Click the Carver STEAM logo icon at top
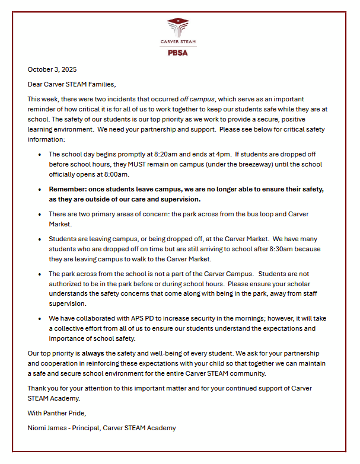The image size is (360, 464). (x=178, y=26)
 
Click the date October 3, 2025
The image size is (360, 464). (x=52, y=69)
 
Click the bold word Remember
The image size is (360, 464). (x=68, y=189)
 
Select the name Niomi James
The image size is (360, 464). (x=49, y=427)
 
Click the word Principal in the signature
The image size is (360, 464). (x=90, y=427)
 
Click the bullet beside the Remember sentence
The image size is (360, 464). (x=40, y=190)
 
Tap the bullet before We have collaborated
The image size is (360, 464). (x=40, y=318)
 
